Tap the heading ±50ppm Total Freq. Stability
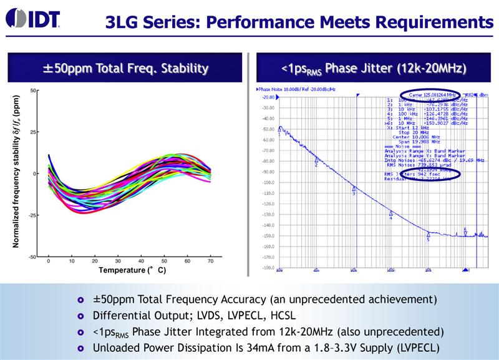pyautogui.click(x=125, y=67)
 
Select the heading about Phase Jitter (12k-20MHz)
pyautogui.click(x=374, y=67)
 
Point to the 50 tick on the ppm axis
pyautogui.click(x=34, y=90)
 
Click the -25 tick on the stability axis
pyautogui.click(x=32, y=215)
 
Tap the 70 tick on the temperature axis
pyautogui.click(x=210, y=261)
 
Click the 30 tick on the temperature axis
pyautogui.click(x=119, y=261)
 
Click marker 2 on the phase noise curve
pyautogui.click(x=316, y=160)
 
